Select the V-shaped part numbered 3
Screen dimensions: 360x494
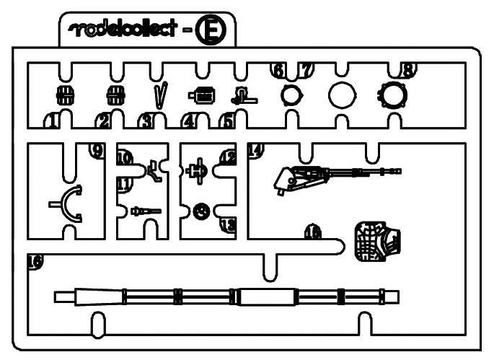point(162,95)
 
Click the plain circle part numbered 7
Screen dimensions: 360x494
point(342,95)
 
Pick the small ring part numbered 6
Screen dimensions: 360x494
point(289,95)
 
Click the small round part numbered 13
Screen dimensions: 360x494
point(202,210)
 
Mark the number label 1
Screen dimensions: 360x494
point(50,121)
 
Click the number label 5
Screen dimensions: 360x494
point(227,121)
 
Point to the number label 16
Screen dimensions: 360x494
point(34,261)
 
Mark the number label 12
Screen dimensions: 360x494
point(228,155)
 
